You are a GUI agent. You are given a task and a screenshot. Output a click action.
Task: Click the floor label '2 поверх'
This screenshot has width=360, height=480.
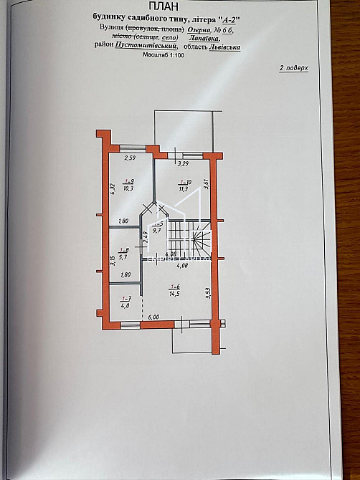[293, 70]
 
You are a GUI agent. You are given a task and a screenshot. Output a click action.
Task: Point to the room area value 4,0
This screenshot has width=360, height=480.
[125, 307]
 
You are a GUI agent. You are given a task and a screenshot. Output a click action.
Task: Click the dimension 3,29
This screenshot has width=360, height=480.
[182, 163]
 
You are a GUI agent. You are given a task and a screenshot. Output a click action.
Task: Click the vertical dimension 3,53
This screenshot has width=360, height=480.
[207, 293]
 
